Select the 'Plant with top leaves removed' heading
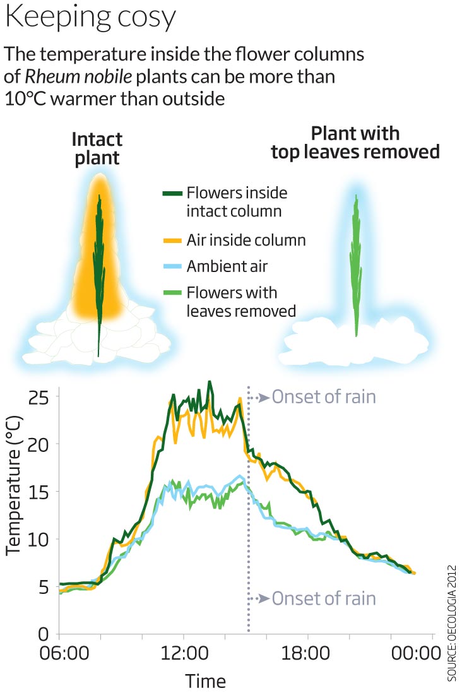tap(355, 143)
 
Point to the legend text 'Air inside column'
tap(246, 240)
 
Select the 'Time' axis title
tap(205, 681)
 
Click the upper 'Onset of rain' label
tap(324, 397)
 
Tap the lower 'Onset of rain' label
tap(324, 598)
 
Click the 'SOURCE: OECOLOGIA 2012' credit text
tap(452, 622)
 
